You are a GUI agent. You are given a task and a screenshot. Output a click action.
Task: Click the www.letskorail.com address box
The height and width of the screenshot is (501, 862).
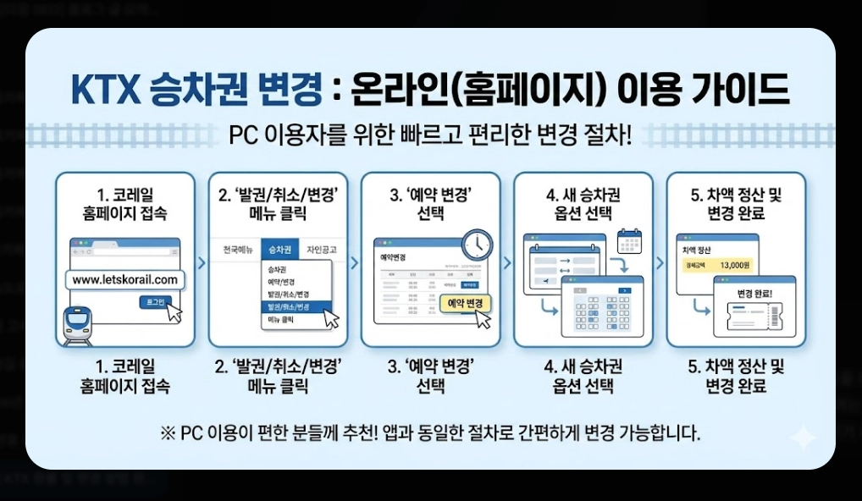tap(124, 280)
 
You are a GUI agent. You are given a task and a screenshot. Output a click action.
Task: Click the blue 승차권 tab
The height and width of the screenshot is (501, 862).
tap(280, 250)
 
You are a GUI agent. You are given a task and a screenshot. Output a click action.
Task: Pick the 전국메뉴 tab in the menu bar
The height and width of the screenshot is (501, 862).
tap(237, 250)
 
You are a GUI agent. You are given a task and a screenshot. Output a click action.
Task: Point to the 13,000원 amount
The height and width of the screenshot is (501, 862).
tap(734, 266)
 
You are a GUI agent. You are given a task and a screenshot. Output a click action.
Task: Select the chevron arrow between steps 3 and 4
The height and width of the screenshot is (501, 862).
tap(507, 262)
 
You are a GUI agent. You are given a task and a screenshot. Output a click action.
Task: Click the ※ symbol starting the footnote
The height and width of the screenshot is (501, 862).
tap(167, 434)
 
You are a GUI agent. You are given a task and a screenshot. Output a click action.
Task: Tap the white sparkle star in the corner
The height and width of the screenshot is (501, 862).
tap(801, 438)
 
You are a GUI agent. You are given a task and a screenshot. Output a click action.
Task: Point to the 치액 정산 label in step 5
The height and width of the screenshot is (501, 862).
tap(699, 251)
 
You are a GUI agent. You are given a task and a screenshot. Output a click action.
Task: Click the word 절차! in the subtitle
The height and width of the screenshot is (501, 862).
tap(609, 136)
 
